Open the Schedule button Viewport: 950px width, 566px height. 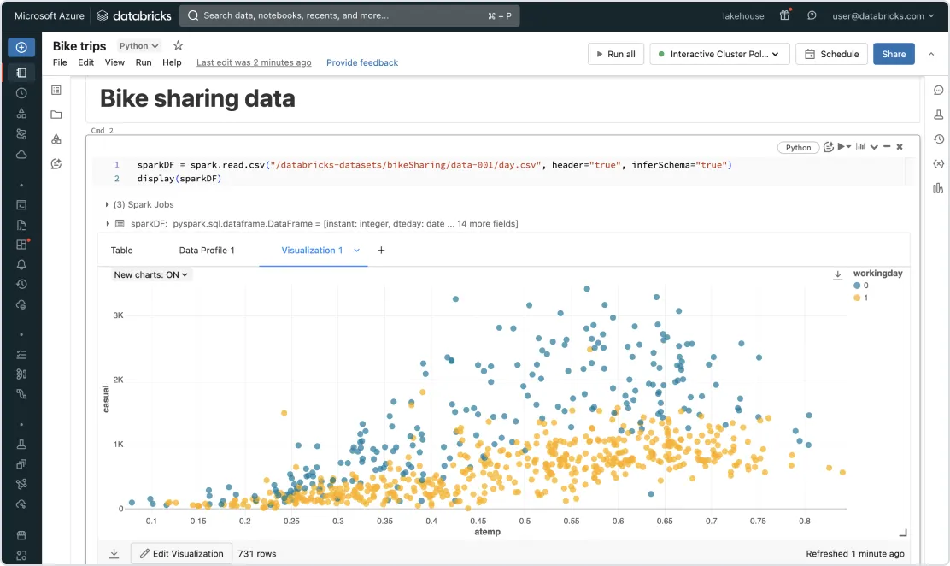click(x=831, y=54)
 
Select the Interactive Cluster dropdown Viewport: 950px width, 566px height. click(x=718, y=54)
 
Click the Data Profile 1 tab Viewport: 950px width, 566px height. click(x=207, y=251)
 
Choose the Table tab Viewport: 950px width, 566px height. click(x=122, y=251)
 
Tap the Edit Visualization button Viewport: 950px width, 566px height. click(x=181, y=554)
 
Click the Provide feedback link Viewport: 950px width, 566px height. click(x=362, y=62)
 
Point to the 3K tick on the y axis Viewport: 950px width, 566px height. click(x=118, y=315)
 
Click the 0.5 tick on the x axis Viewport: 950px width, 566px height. click(x=525, y=521)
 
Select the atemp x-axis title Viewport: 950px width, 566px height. click(x=487, y=532)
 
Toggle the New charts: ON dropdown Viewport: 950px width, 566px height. click(x=152, y=275)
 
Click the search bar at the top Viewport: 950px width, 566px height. click(x=349, y=15)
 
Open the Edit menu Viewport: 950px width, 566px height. click(x=85, y=62)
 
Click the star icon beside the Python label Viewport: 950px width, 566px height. click(x=178, y=45)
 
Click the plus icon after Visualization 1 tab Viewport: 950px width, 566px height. click(x=381, y=251)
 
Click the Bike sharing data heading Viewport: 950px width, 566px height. click(x=197, y=99)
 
